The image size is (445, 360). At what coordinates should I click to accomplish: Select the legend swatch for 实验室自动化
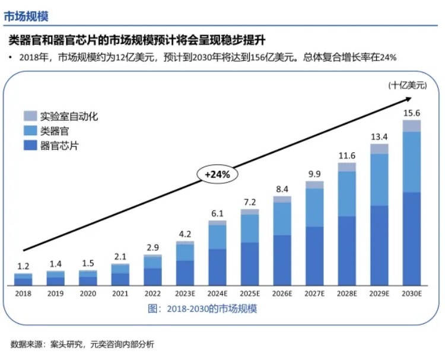[x=30, y=116]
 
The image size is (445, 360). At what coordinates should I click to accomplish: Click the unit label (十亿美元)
[x=408, y=85]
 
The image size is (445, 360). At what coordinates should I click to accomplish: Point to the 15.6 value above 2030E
[x=412, y=113]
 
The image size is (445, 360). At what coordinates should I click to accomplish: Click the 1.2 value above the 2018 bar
[x=23, y=267]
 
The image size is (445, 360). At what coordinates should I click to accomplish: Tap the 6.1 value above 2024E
[x=217, y=214]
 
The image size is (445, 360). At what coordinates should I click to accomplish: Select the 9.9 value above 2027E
[x=314, y=174]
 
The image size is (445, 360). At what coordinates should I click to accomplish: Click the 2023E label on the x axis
[x=185, y=293]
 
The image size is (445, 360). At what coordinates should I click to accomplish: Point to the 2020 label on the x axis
[x=88, y=293]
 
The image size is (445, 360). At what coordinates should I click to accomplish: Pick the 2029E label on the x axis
[x=379, y=293]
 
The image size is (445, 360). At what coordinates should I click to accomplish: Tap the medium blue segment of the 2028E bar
[x=347, y=193]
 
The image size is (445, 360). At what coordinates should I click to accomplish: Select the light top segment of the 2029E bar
[x=379, y=149]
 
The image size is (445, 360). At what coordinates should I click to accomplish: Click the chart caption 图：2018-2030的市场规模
[x=202, y=309]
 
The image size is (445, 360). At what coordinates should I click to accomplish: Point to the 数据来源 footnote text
[x=82, y=345]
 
